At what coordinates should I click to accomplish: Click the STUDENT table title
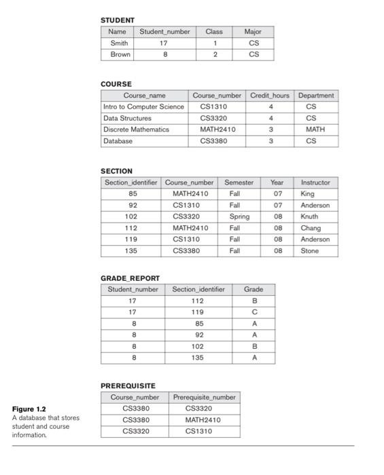[x=118, y=20]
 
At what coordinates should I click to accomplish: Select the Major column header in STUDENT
[x=253, y=32]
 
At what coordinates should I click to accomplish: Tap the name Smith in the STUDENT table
[x=119, y=43]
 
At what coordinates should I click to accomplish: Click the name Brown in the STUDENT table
[x=120, y=54]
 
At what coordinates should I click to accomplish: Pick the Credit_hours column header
[x=270, y=96]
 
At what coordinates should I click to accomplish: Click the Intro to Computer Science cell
[x=143, y=107]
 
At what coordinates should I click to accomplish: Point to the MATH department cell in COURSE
[x=315, y=130]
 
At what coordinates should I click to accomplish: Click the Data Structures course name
[x=127, y=118]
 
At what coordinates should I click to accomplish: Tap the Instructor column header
[x=315, y=183]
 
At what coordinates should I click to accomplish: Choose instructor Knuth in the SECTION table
[x=309, y=216]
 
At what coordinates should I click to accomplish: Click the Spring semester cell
[x=239, y=216]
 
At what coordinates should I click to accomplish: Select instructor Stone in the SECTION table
[x=309, y=251]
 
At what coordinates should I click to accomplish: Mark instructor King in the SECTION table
[x=307, y=193]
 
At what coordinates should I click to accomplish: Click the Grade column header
[x=254, y=290]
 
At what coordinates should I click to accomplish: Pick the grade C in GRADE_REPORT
[x=254, y=312]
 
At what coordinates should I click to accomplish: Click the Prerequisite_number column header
[x=203, y=397]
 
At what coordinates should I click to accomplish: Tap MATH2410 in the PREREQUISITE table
[x=203, y=419]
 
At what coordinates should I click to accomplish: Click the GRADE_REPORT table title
[x=130, y=278]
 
